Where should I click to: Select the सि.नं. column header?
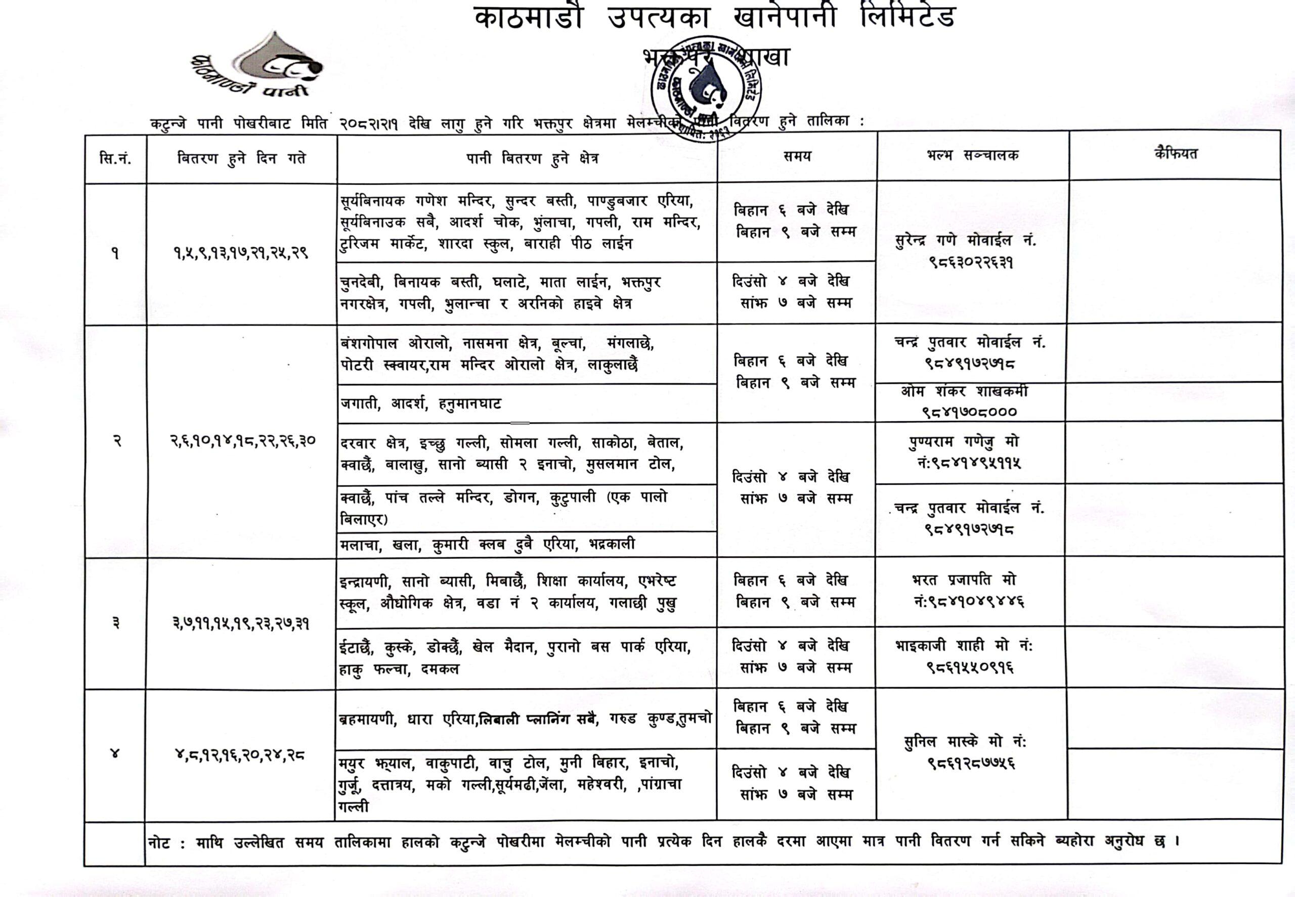coord(115,159)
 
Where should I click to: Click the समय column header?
coord(797,157)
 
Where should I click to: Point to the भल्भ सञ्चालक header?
coord(972,156)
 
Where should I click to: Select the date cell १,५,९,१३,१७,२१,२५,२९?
coord(241,253)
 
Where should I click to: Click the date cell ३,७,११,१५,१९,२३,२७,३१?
coord(241,623)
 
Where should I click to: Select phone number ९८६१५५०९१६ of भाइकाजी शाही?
coord(971,667)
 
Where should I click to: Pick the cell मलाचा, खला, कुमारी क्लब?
coord(487,545)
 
